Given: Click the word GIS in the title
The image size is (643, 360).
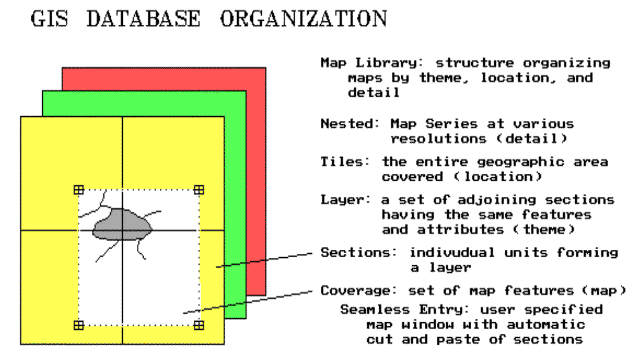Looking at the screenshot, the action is coord(49,19).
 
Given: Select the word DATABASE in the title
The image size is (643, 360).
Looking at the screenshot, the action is coord(144,19).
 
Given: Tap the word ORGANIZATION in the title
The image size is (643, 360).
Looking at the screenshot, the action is coord(303,19).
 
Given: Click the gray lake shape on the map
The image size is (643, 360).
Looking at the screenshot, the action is coord(122,224).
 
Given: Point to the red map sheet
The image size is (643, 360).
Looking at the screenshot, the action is coord(256,164).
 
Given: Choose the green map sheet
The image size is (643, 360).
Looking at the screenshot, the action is coord(236,206).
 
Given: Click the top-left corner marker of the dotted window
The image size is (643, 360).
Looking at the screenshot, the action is coord(79,189).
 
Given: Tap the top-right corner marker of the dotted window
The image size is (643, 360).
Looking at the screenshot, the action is coord(199,189).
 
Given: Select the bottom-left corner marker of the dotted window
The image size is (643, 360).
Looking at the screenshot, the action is coord(79,326).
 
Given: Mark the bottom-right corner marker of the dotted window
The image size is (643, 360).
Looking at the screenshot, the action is coord(199,326).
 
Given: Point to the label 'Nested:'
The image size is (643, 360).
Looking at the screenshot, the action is coord(350,124).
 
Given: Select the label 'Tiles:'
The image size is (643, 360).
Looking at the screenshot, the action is coord(345,161).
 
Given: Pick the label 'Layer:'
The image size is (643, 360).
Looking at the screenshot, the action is coord(345,200).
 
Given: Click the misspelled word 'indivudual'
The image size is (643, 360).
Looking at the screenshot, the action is coord(452,252).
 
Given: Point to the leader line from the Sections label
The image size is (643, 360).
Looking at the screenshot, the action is coord(264,260).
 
